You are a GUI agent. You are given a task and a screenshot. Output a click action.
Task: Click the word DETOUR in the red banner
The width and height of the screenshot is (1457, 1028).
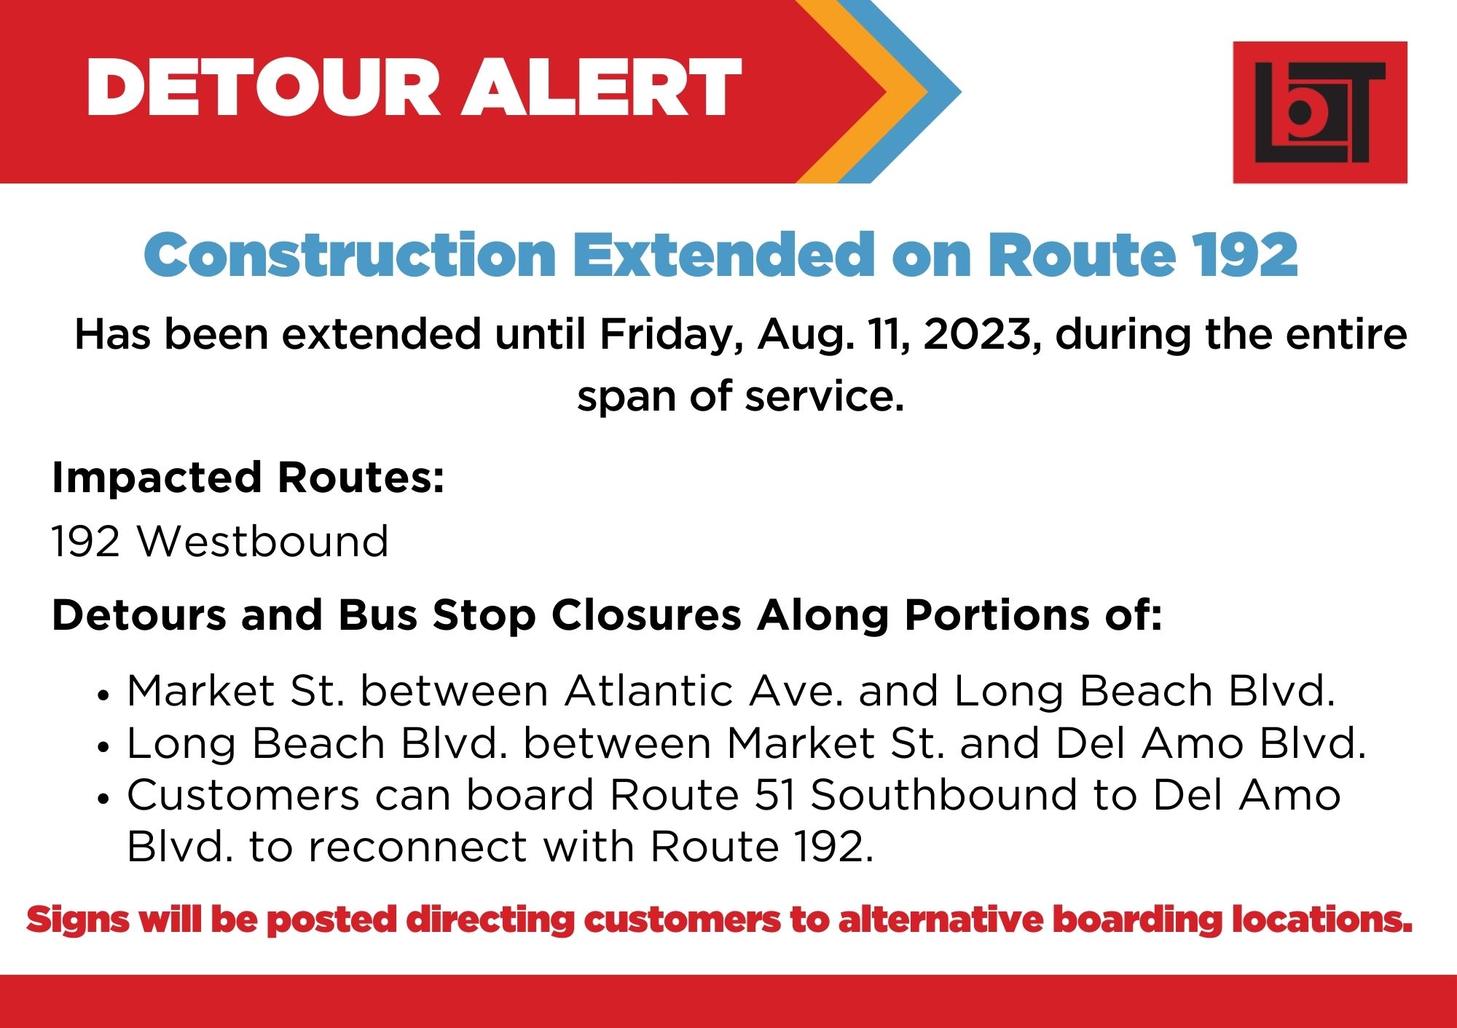click(263, 87)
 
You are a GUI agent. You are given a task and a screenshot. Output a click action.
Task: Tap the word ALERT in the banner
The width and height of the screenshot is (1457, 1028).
click(602, 87)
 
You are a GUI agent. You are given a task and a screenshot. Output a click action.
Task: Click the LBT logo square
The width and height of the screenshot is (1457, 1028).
click(1319, 112)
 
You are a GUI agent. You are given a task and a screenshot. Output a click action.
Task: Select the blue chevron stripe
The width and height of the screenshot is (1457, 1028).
click(903, 91)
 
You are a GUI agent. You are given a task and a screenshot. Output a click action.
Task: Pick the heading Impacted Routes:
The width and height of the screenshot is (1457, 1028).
click(248, 478)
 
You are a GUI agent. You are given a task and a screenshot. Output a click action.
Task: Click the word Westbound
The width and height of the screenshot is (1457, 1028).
click(263, 541)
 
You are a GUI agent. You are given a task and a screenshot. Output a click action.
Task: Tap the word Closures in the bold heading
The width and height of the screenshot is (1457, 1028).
click(646, 615)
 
